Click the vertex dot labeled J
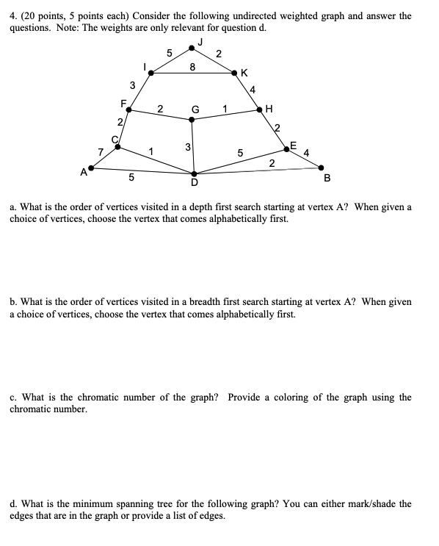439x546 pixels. (192, 47)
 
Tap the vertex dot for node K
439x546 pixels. (233, 73)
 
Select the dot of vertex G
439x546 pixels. (192, 119)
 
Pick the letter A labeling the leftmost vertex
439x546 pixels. (84, 173)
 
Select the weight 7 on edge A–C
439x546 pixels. (101, 152)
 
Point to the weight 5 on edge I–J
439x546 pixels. (170, 52)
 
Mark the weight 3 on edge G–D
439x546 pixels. (188, 147)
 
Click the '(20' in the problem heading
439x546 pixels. (28, 15)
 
